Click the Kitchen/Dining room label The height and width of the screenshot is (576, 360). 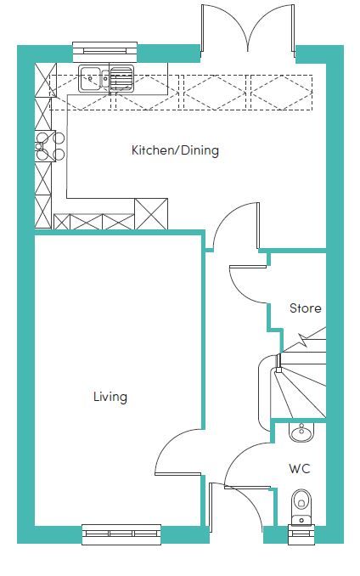point(175,150)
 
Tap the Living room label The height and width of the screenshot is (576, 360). point(110,397)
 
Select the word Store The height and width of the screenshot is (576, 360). point(306,308)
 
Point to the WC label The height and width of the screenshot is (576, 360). point(300,469)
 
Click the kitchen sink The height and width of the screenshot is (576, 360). point(105,78)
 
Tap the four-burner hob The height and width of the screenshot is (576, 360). point(50,146)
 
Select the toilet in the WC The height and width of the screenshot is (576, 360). point(301,507)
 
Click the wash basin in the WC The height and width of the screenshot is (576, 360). point(301,432)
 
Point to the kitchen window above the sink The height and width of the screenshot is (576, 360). point(105,52)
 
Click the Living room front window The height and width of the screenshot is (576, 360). point(121,534)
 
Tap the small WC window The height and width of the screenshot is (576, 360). point(301,534)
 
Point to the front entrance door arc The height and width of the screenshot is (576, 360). point(253,503)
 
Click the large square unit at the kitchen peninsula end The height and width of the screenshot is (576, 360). point(151,214)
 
